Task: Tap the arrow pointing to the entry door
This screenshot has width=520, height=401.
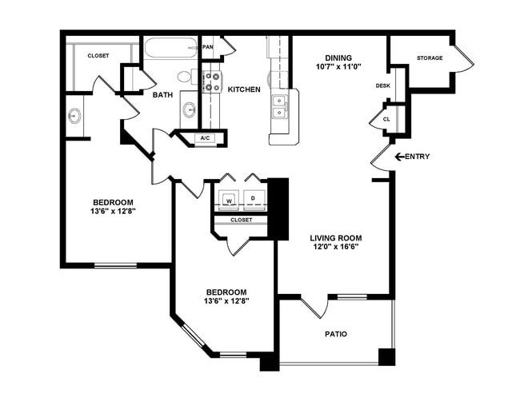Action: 401,157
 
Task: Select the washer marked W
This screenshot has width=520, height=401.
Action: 228,198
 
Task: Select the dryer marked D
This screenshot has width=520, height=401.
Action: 254,198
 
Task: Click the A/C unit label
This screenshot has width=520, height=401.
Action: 205,138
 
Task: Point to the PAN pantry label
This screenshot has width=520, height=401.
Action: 208,47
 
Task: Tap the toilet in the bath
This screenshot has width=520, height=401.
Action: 185,77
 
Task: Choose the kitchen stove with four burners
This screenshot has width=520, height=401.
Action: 212,81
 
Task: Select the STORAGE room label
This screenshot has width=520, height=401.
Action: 430,58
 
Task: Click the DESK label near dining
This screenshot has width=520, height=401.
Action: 382,85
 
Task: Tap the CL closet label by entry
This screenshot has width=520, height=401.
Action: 386,119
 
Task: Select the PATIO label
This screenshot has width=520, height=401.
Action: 335,334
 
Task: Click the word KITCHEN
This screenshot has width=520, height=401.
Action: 244,89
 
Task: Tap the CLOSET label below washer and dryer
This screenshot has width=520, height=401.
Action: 241,220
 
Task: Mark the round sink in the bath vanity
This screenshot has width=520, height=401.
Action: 189,109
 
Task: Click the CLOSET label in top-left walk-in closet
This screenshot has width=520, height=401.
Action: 98,55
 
